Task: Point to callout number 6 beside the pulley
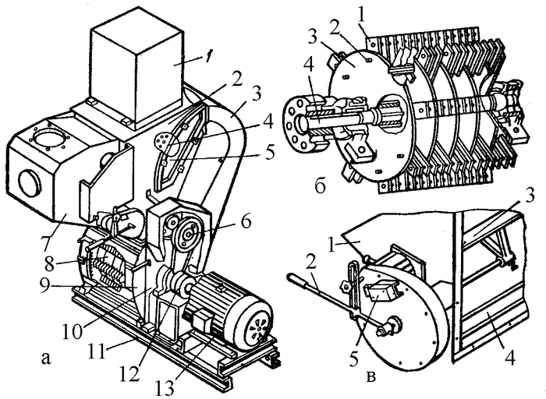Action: click(246, 221)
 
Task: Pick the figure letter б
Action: click(320, 186)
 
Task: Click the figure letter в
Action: click(371, 376)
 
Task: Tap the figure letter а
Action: click(45, 358)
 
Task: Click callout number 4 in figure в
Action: click(509, 357)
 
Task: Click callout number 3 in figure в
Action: click(530, 196)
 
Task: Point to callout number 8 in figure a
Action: click(49, 263)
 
